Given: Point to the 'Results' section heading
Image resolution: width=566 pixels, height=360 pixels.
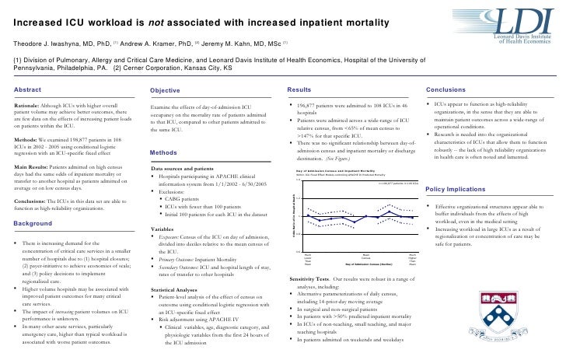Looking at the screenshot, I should point(299,90).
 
